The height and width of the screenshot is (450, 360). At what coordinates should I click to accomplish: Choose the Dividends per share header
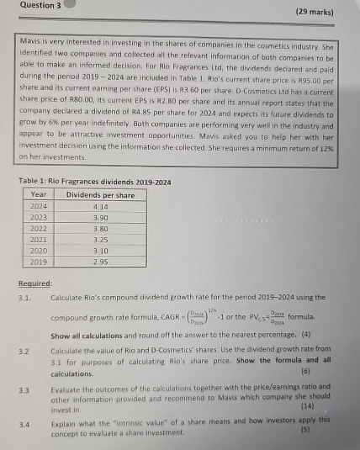(x=100, y=193)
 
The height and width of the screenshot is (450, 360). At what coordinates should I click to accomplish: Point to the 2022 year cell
(x=37, y=226)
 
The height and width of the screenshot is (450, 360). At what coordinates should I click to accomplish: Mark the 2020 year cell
(x=37, y=249)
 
